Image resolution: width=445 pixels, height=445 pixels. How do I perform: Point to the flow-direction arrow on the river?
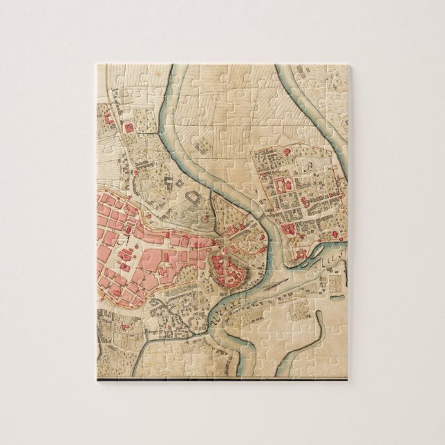274,284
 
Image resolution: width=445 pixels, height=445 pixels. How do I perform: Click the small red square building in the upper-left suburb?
128,127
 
